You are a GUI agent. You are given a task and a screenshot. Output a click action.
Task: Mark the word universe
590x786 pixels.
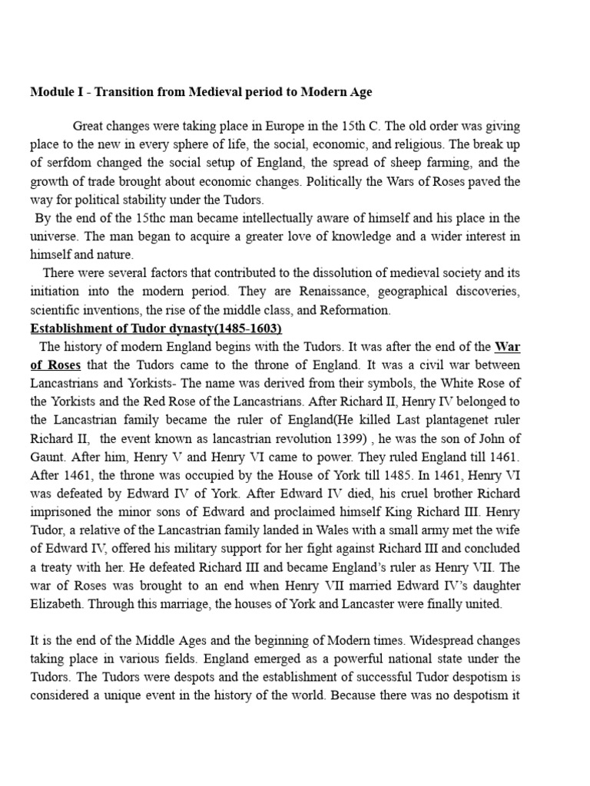pos(55,237)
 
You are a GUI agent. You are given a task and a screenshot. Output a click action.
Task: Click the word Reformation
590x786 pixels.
pos(352,311)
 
